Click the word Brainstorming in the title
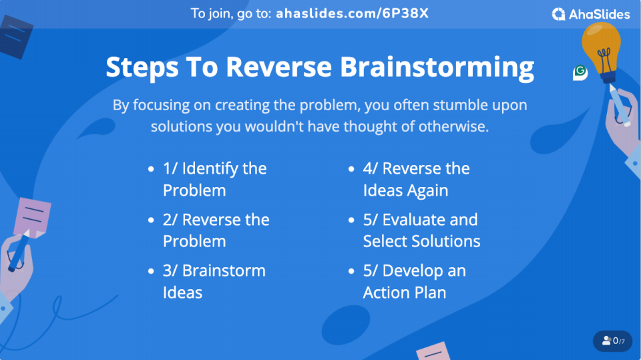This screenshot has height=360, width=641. point(437,67)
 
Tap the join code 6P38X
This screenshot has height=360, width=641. point(405,13)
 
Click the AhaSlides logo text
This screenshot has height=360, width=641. point(600,14)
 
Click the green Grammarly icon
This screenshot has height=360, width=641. point(580,72)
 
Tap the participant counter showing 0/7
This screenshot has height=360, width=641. point(613,341)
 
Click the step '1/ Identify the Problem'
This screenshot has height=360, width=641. point(214,179)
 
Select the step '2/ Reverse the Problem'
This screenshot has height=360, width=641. point(216,230)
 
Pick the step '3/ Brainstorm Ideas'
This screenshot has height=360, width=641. point(214,281)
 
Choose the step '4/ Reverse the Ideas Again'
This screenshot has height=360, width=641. point(416,179)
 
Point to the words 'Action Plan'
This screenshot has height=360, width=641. point(405,293)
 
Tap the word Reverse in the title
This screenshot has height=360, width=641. point(279,67)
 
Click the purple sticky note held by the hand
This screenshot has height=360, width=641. point(32,217)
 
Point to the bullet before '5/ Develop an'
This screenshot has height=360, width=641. point(351,271)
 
